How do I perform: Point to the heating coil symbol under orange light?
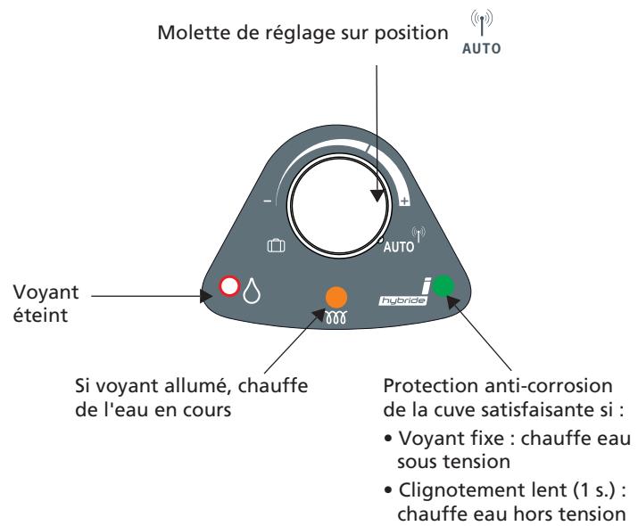[337, 316]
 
